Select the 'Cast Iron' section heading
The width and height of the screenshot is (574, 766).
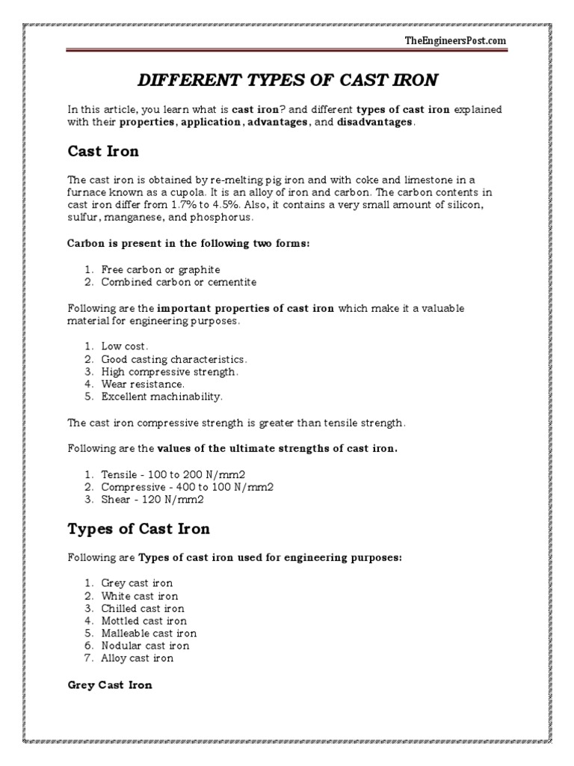(102, 152)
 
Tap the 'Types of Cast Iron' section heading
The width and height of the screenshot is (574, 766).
(138, 529)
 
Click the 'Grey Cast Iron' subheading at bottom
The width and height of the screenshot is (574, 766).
(110, 684)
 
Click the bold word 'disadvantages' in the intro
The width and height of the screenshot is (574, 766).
(374, 122)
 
